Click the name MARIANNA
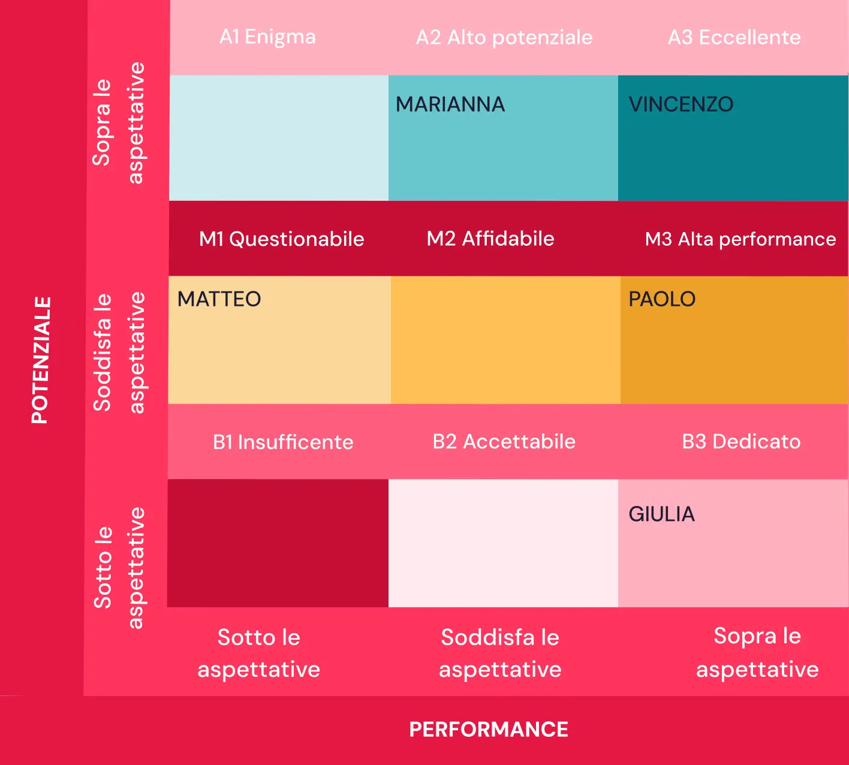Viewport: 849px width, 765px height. pos(450,104)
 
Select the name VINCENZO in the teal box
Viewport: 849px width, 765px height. pos(681,104)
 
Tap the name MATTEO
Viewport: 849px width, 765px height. pos(219,299)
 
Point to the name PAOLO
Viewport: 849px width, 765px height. pos(662,299)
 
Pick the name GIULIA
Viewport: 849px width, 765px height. pos(661,514)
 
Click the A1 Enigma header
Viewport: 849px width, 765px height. pos(267,37)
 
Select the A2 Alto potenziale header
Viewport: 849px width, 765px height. pos(504,37)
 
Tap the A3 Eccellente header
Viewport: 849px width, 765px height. pos(734,37)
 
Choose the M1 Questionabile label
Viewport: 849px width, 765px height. pos(281,239)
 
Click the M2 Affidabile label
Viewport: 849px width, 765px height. pos(490,239)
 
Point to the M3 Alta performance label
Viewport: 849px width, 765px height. pos(740,239)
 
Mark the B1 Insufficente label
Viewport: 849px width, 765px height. pos(283,442)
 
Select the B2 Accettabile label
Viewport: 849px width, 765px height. pos(504,441)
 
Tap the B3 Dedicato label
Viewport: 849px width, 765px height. pos(741,441)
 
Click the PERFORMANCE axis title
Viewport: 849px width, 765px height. pos(489,729)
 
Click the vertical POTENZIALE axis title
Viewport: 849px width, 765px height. pos(40,360)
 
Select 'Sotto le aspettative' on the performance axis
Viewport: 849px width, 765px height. pos(259,653)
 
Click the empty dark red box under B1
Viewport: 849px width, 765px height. pos(278,543)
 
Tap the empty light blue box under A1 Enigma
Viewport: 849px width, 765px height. pos(279,138)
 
